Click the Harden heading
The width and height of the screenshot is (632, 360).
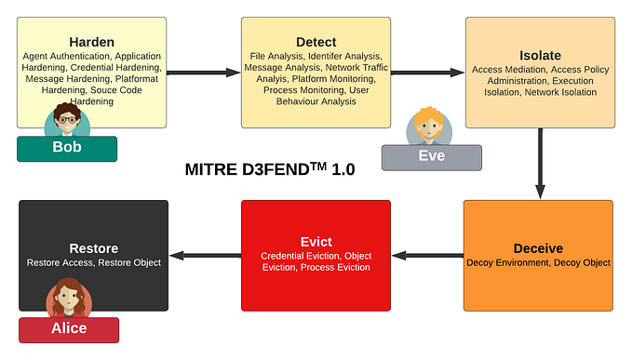coord(91,42)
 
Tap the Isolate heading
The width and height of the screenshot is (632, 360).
coord(539,55)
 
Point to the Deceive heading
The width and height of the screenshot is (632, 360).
coord(538,248)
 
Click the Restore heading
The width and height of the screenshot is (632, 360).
coord(92,248)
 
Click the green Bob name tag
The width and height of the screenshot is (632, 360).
coord(66,149)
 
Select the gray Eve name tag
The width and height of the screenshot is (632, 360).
coord(431,156)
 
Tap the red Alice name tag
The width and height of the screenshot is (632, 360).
coord(69,328)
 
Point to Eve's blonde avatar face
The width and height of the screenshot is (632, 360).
coord(429,127)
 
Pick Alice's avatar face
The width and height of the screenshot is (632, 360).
coord(69,299)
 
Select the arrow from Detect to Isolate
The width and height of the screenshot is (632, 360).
coord(427,71)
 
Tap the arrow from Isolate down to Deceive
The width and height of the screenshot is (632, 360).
coord(540,163)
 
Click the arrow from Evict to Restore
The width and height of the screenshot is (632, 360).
coord(205,255)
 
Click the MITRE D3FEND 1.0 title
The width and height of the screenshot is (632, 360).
coord(270,171)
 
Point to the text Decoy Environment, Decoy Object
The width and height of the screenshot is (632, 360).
coord(538,263)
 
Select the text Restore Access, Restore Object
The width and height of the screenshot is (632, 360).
coord(92,263)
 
